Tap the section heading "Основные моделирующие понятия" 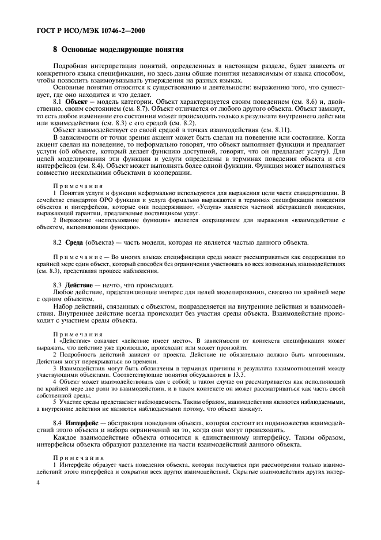[x=122, y=49]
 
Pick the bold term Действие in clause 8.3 [x=80, y=285]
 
